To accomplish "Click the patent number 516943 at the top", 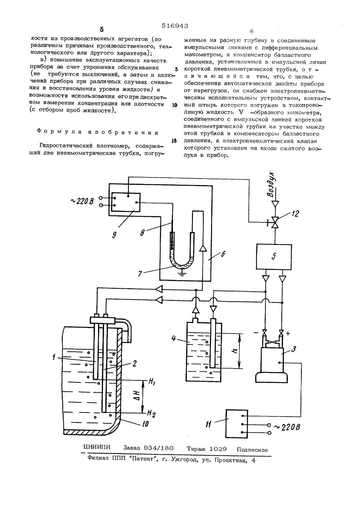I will (x=175, y=26).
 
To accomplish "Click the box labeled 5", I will (x=274, y=256).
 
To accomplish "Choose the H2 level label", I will (x=152, y=414).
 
